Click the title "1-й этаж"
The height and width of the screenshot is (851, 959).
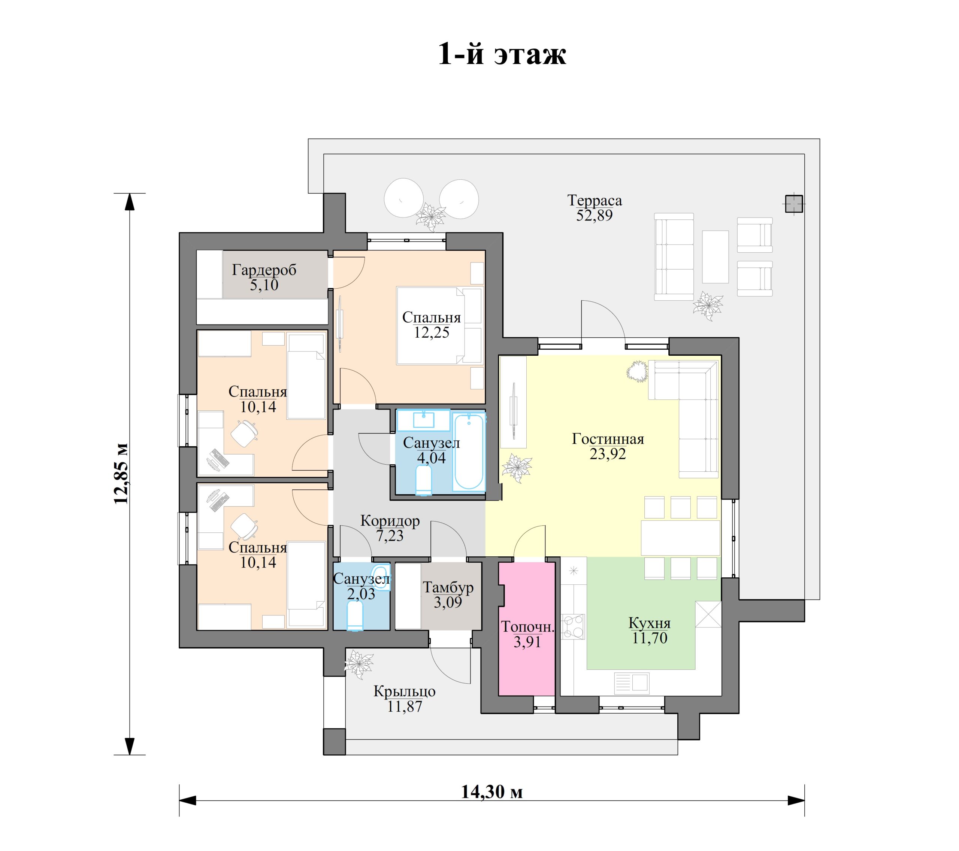[502, 54]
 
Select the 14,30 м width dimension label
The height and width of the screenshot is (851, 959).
[492, 791]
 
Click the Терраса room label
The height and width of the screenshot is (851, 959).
[595, 200]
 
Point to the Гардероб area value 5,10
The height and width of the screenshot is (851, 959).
[264, 285]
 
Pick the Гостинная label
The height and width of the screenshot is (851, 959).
[608, 439]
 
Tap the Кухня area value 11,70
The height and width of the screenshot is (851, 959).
[649, 638]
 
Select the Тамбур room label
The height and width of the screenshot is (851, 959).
[448, 587]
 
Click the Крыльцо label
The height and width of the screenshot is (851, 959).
[405, 692]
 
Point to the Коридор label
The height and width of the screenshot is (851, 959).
[390, 521]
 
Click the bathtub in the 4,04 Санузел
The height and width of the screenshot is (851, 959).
[469, 452]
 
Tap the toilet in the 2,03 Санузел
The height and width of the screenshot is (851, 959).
[355, 616]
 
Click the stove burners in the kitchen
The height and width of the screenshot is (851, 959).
[573, 627]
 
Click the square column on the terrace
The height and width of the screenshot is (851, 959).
[794, 204]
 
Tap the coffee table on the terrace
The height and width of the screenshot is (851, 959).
[715, 256]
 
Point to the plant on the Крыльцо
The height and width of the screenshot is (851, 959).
[359, 663]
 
